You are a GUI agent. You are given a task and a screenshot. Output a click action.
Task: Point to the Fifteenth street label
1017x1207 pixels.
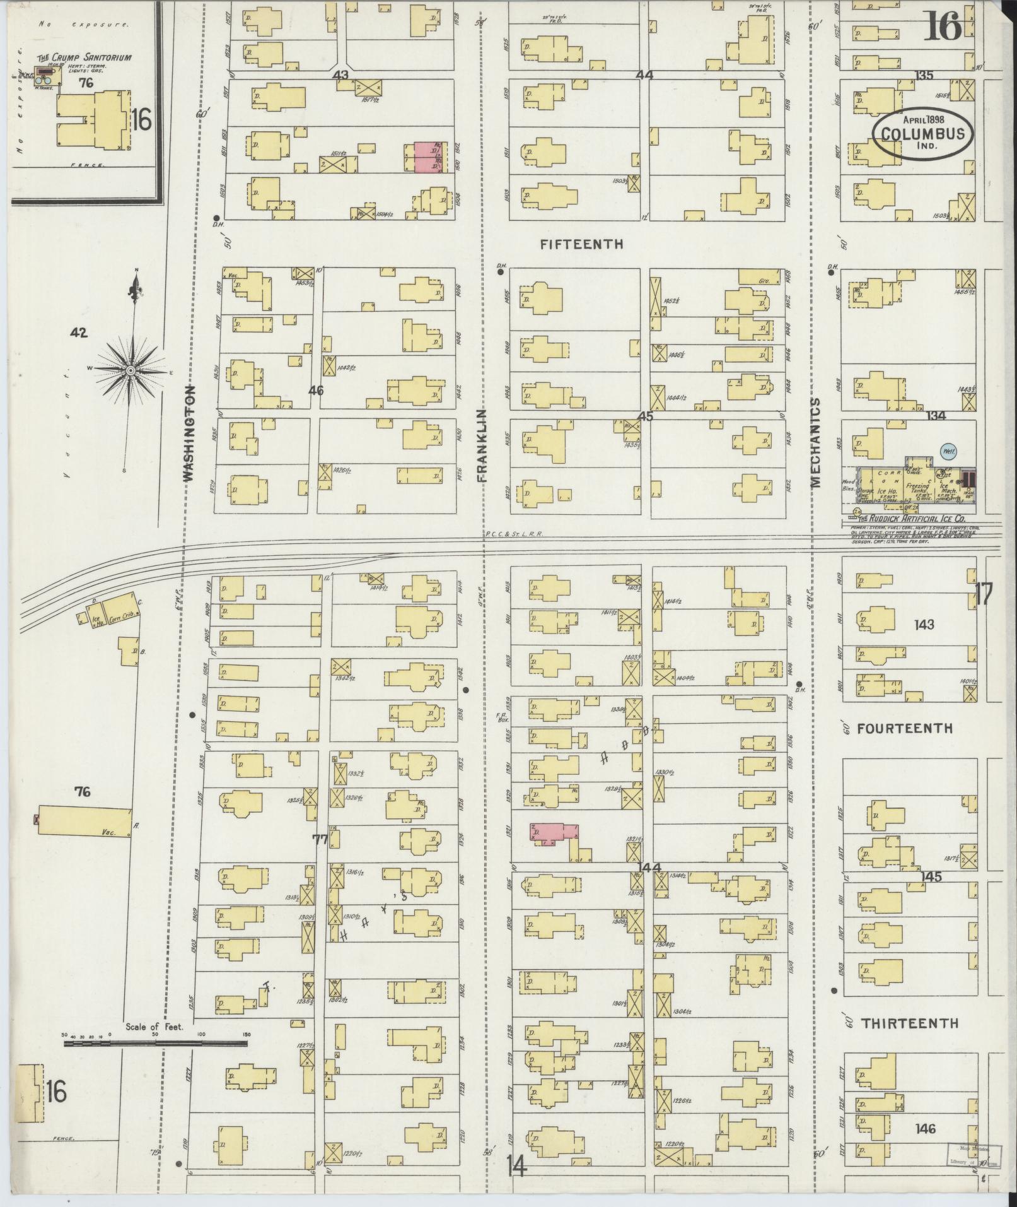[581, 244]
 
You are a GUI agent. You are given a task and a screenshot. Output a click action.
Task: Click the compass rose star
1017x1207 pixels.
[131, 370]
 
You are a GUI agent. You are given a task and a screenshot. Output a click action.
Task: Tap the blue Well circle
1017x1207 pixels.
[946, 452]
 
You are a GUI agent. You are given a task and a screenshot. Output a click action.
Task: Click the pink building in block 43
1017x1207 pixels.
[426, 156]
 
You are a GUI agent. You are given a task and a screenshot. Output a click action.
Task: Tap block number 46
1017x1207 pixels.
[316, 391]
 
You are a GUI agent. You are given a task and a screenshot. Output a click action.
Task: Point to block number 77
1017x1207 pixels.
[320, 839]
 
